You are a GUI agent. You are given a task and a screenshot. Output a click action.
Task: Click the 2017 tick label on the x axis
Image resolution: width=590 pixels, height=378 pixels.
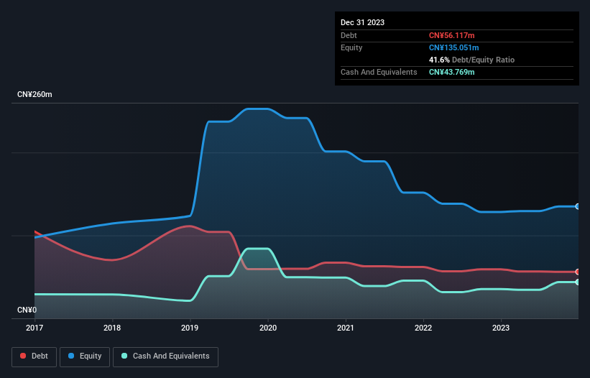click(34, 328)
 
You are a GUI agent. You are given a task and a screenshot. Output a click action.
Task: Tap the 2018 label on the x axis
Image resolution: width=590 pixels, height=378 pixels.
click(112, 328)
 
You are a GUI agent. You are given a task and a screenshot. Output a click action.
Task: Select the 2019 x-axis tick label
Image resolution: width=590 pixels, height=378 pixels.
click(190, 328)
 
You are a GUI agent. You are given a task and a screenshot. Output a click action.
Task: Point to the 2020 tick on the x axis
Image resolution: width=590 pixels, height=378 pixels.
click(268, 328)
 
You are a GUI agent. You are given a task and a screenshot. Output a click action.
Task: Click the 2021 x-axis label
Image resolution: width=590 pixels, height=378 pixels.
click(346, 328)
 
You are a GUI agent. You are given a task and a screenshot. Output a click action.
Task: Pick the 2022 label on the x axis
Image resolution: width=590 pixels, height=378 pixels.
click(423, 328)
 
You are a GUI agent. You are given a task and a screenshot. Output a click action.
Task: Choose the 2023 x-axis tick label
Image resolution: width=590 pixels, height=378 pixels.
click(501, 328)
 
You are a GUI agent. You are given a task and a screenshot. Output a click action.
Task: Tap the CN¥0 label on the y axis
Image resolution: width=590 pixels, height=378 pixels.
click(27, 310)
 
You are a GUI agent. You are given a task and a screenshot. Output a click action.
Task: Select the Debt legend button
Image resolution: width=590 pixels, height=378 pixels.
click(34, 356)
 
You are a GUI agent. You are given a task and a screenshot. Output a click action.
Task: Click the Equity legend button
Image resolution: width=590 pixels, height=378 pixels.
click(85, 356)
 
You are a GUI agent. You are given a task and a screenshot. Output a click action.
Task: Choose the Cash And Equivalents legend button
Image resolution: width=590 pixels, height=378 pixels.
click(165, 356)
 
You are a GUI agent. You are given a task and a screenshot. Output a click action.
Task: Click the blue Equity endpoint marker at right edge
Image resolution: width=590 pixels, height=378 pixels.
click(577, 206)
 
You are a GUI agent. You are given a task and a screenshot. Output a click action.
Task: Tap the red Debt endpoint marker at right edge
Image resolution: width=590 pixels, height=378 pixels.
click(577, 272)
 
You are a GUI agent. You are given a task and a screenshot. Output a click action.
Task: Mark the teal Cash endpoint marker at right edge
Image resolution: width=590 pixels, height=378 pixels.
click(577, 282)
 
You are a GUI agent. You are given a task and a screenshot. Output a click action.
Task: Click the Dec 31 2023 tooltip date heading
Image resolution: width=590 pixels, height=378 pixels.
click(362, 22)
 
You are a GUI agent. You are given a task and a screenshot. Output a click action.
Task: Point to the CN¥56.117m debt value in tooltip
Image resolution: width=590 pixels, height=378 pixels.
click(453, 35)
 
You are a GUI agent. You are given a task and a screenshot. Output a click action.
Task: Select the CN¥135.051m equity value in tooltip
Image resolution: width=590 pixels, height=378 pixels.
click(455, 47)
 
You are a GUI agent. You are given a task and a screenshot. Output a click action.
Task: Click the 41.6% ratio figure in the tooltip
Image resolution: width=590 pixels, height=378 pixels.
click(439, 60)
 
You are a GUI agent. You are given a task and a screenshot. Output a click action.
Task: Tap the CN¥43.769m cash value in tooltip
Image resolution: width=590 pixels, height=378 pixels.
click(453, 72)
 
